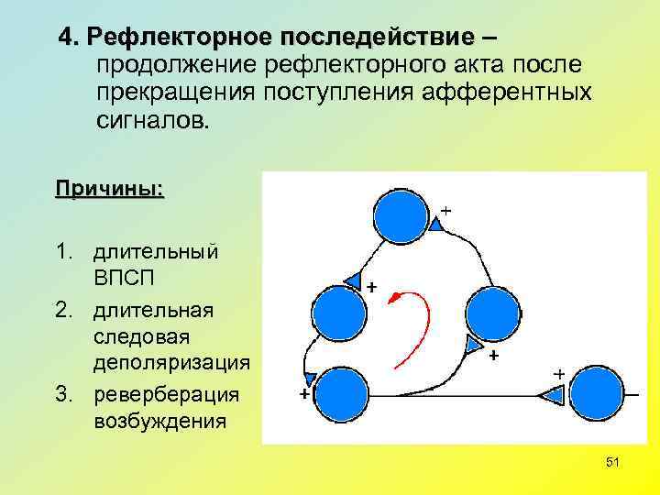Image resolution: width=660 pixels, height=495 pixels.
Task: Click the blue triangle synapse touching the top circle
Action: point(434,223)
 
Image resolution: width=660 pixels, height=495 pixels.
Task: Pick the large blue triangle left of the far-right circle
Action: point(551,396)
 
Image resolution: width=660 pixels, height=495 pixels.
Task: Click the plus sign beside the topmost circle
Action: point(445,210)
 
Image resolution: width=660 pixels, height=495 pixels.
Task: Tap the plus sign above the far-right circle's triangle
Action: point(557,374)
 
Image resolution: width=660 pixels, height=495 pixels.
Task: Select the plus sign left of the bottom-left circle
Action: point(303,393)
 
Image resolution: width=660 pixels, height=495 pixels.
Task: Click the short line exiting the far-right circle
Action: point(632,394)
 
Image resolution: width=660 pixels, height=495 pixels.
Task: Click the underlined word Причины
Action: point(109,190)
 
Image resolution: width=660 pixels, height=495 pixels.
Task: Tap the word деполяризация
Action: point(170,362)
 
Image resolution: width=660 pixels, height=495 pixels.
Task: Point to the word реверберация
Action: point(165,394)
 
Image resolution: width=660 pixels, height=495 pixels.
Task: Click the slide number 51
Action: point(612,463)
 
